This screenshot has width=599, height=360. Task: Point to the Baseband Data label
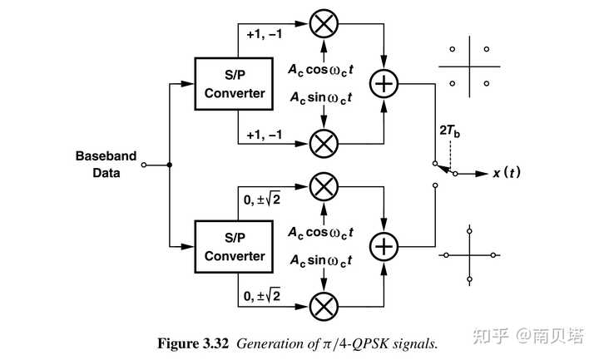click(x=106, y=164)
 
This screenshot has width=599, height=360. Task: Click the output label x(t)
click(x=507, y=173)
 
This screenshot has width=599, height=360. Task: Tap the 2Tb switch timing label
click(x=449, y=131)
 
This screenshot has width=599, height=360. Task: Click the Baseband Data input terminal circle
click(x=144, y=165)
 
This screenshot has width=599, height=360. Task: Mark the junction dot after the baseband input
click(x=170, y=165)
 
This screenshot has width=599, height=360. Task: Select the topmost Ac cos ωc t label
click(x=320, y=70)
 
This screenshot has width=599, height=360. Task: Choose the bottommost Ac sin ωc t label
click(x=320, y=261)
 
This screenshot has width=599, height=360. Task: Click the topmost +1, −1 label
click(x=265, y=35)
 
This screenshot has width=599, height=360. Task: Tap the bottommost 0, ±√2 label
click(x=262, y=295)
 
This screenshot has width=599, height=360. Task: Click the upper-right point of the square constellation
click(x=487, y=49)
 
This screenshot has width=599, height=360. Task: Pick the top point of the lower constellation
click(x=469, y=231)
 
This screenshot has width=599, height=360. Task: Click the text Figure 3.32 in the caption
click(x=193, y=343)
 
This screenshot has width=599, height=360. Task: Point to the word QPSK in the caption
click(x=370, y=344)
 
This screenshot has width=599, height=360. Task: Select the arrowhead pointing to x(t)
click(x=482, y=174)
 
